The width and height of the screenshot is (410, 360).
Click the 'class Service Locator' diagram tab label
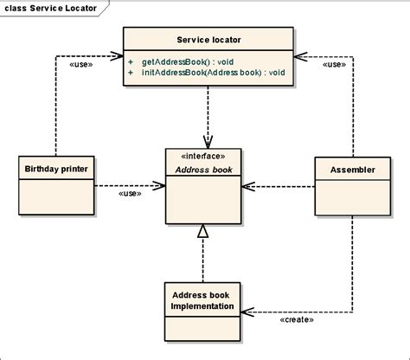pyautogui.click(x=51, y=8)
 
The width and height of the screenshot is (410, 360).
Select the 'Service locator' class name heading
pyautogui.click(x=208, y=40)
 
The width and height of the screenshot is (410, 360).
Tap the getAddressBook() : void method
pyautogui.click(x=188, y=62)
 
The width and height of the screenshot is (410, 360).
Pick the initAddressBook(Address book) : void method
pyautogui.click(x=214, y=72)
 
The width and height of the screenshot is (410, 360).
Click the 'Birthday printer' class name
pyautogui.click(x=56, y=169)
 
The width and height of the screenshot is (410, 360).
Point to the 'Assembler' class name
pyautogui.click(x=353, y=170)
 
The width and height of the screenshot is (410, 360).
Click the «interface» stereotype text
pyautogui.click(x=203, y=156)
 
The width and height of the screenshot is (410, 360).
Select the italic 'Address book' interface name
pyautogui.click(x=203, y=170)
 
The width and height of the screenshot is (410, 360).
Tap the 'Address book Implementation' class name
pyautogui.click(x=202, y=300)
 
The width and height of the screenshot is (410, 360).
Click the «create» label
pyautogui.click(x=297, y=319)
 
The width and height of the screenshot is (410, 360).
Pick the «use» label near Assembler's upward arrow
pyautogui.click(x=334, y=64)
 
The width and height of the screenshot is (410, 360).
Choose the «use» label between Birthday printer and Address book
pyautogui.click(x=130, y=193)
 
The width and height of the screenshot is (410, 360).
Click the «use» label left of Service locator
pyautogui.click(x=81, y=64)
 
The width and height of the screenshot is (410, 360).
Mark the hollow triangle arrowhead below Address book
pyautogui.click(x=203, y=231)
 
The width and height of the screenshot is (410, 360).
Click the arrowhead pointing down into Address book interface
pyautogui.click(x=208, y=142)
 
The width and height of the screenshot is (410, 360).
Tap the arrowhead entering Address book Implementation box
pyautogui.click(x=247, y=312)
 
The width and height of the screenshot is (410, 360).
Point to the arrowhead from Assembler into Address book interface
pyautogui.click(x=248, y=186)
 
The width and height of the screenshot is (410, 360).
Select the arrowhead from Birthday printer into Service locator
pyautogui.click(x=117, y=56)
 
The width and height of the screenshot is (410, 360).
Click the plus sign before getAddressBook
pyautogui.click(x=131, y=62)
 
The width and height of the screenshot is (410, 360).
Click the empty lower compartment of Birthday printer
pyautogui.click(x=56, y=197)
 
